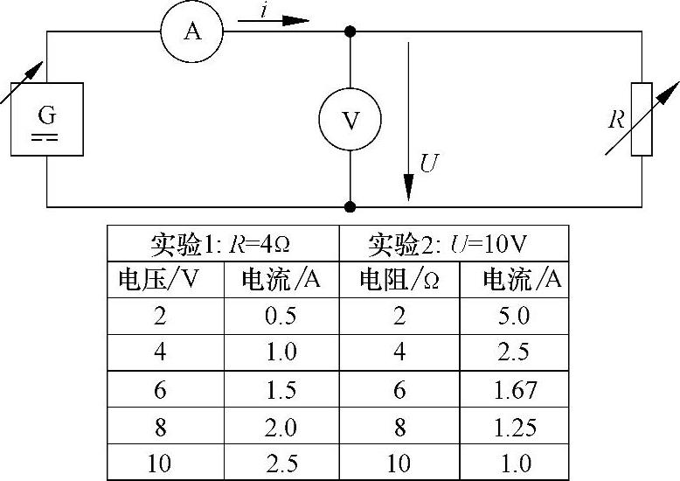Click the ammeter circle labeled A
[x=192, y=31]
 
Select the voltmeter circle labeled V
[x=350, y=121]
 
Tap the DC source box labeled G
[x=46, y=118]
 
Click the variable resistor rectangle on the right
[x=642, y=119]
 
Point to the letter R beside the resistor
[x=617, y=120]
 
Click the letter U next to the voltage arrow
[x=429, y=164]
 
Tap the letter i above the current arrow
[x=265, y=10]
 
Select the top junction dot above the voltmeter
[x=350, y=31]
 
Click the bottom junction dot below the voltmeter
[x=350, y=207]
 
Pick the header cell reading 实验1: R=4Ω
[x=223, y=242]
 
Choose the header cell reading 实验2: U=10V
[x=453, y=242]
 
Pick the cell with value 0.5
[x=281, y=317]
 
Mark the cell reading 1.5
[x=281, y=390]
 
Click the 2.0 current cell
[x=281, y=428]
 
